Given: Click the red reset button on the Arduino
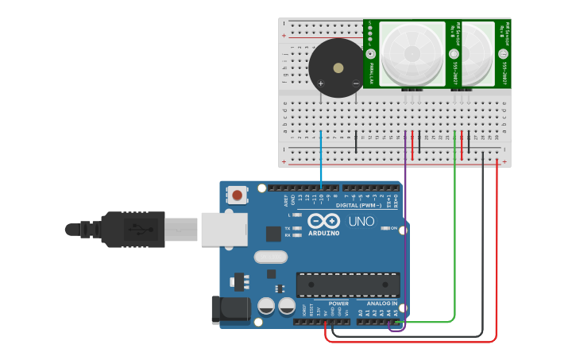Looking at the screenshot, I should (237, 194).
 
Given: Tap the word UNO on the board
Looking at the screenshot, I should (361, 221).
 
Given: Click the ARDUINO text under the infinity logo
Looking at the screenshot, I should (324, 233).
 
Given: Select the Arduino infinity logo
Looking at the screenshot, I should (324, 221).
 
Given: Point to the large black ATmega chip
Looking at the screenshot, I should (348, 284).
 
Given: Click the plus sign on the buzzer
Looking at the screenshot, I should (321, 83).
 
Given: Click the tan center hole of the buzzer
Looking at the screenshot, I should (338, 68).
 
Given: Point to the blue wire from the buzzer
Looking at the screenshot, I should (321, 159).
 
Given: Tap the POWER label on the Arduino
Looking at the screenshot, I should (338, 304).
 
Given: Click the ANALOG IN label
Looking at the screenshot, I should (381, 304).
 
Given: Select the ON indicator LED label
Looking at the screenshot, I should (393, 228).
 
